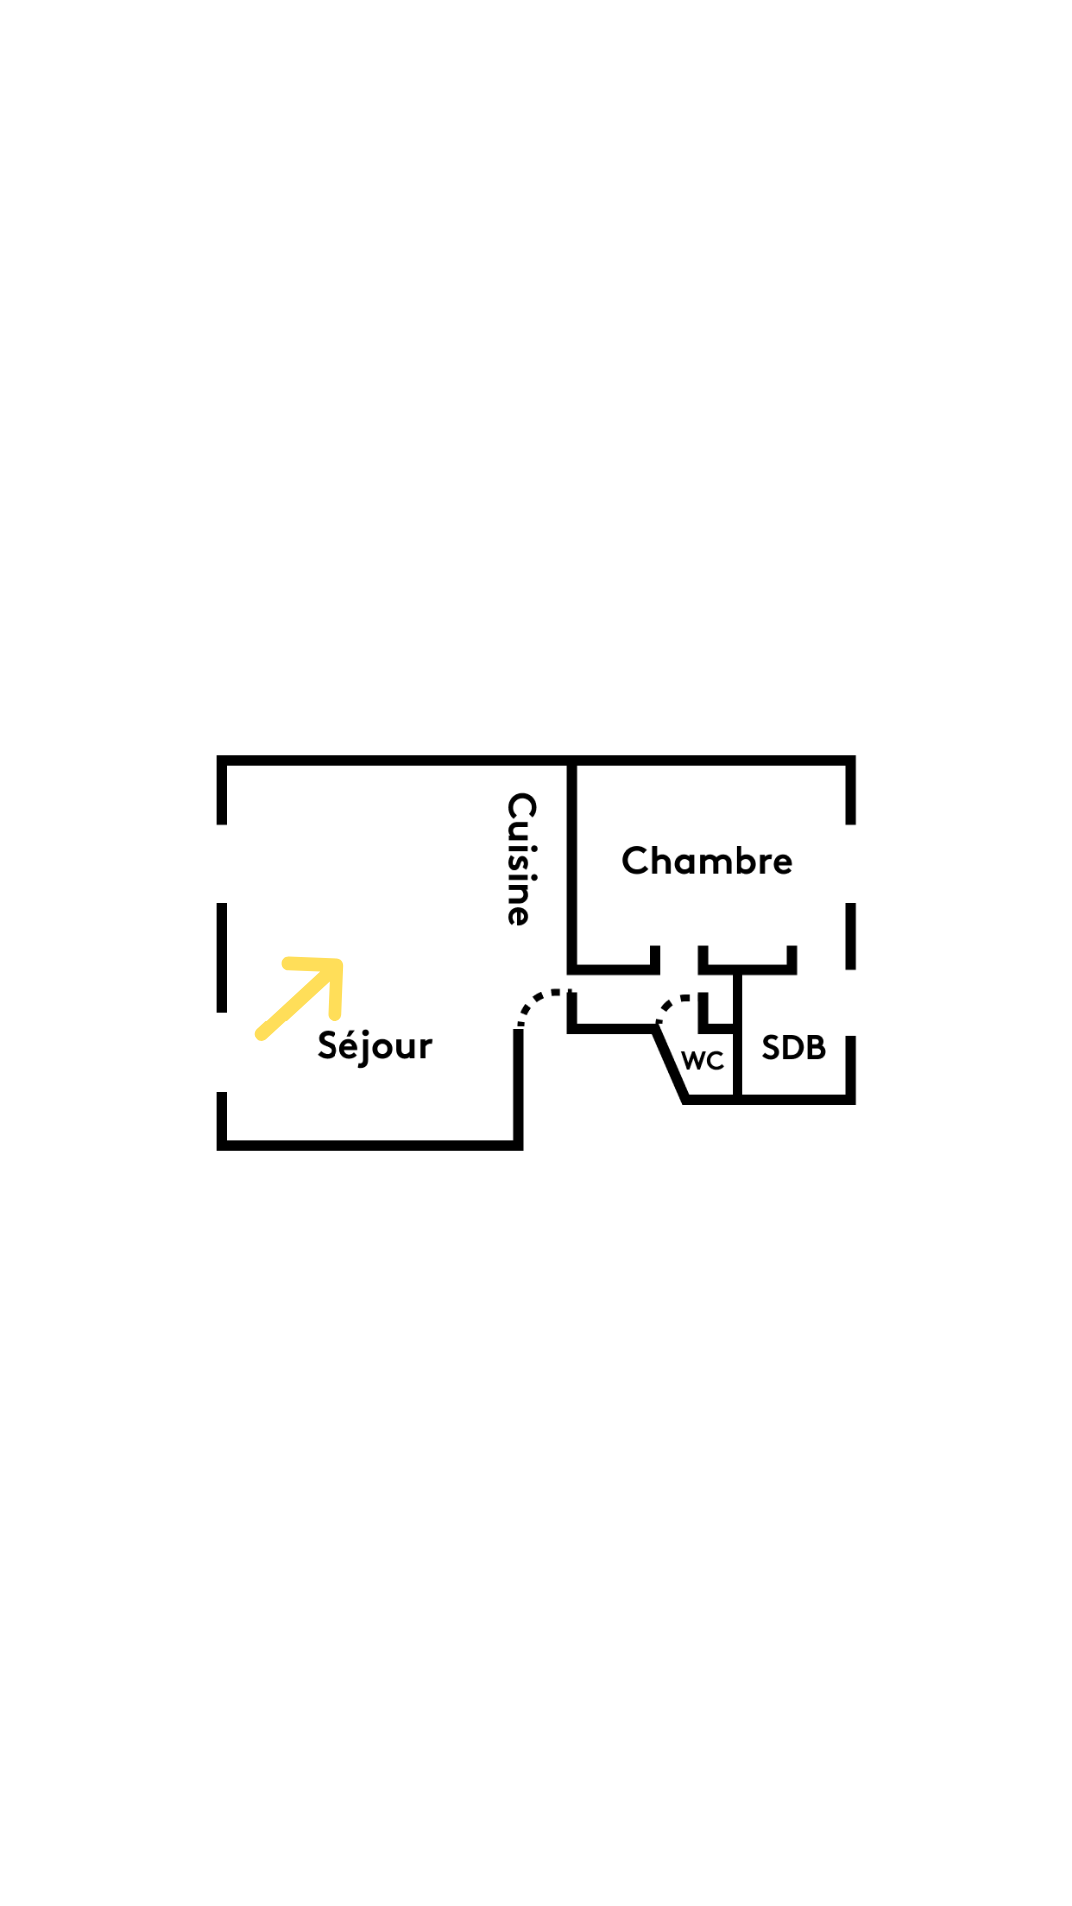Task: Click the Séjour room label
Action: (x=374, y=1046)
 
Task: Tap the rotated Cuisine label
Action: (x=521, y=859)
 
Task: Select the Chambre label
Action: (x=707, y=861)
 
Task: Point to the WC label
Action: (x=703, y=1061)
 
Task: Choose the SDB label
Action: (x=793, y=1048)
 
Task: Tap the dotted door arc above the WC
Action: (x=672, y=1005)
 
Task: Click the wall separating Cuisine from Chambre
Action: (x=572, y=864)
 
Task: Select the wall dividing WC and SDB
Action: (x=737, y=1037)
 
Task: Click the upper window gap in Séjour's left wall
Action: (x=222, y=864)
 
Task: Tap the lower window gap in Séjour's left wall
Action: (x=222, y=1052)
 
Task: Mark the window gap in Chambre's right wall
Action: (x=851, y=864)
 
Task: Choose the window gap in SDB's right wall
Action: (x=851, y=1003)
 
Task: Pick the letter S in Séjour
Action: (x=329, y=1046)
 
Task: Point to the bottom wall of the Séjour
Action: (x=369, y=1145)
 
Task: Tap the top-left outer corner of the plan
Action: (x=220, y=759)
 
